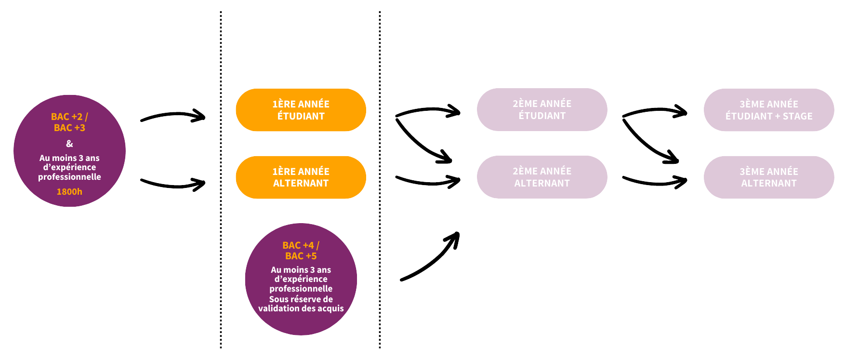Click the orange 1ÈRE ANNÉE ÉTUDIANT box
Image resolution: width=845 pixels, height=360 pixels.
pos(301,110)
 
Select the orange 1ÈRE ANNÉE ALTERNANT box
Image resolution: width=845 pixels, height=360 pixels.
pos(301,177)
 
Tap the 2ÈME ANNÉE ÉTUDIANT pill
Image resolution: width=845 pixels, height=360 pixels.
pos(542,109)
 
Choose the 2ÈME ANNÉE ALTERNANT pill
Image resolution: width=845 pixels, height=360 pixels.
pos(542,177)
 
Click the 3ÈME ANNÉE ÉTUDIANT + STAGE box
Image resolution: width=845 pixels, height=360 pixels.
pos(769,110)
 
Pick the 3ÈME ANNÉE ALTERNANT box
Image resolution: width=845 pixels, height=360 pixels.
pos(769,177)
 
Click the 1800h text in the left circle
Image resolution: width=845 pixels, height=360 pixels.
pos(69,192)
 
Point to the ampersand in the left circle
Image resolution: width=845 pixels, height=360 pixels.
pos(69,144)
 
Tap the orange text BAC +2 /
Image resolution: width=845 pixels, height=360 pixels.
pos(69,117)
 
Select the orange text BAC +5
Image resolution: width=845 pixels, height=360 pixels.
pos(301,256)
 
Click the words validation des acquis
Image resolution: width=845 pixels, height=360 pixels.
pos(301,308)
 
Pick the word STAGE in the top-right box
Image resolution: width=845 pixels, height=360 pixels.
pos(797,116)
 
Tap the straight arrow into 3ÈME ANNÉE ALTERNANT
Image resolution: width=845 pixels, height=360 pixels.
pos(655,182)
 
